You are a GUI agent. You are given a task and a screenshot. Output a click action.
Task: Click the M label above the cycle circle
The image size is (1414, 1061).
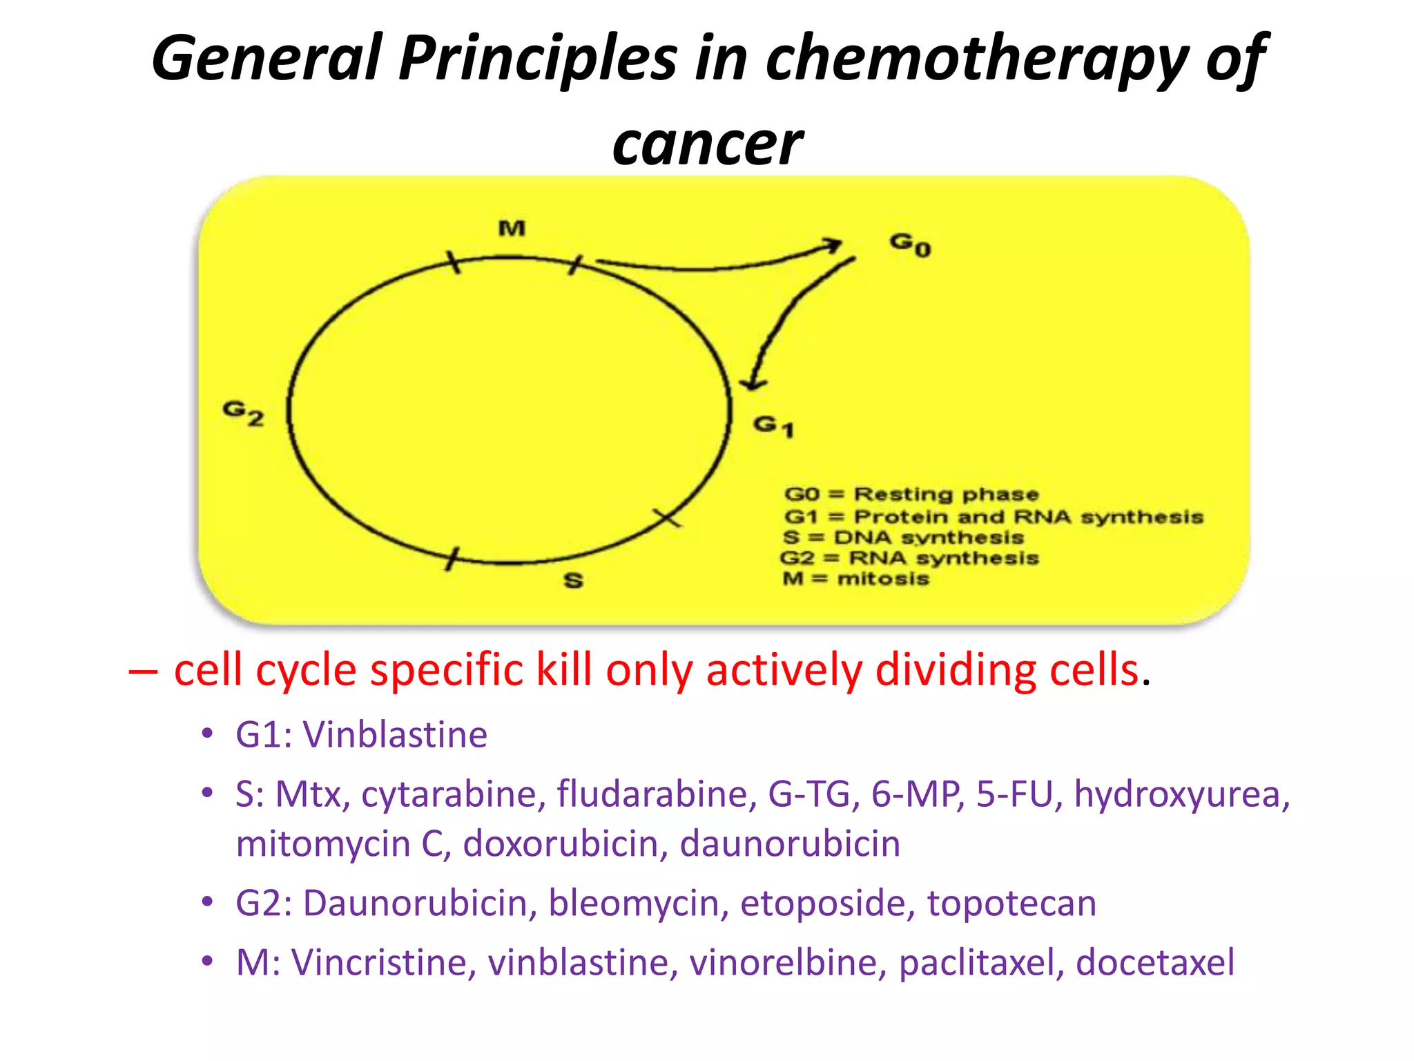(x=512, y=228)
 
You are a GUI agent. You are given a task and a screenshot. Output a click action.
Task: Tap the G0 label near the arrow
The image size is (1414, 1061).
(x=910, y=244)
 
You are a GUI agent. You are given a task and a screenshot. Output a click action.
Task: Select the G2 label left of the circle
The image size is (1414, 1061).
(x=243, y=412)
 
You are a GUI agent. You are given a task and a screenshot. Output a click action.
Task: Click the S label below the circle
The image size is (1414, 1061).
(x=573, y=580)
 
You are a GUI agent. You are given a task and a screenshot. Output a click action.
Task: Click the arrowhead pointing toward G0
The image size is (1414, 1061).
(x=834, y=245)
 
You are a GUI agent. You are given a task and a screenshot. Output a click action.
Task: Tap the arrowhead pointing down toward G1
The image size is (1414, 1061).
(x=753, y=383)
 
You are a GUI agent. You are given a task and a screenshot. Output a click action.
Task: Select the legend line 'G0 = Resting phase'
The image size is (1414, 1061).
(x=911, y=494)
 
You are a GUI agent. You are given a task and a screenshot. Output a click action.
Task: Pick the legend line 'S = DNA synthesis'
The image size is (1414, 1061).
(x=903, y=537)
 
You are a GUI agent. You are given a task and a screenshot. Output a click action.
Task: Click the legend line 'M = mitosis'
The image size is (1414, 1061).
(x=856, y=578)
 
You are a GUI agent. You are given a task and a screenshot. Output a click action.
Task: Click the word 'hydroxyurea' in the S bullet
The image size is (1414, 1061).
(x=1181, y=793)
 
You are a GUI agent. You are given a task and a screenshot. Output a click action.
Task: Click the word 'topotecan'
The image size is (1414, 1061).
(x=1011, y=903)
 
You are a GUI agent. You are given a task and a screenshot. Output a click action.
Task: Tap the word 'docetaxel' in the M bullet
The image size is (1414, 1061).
(x=1155, y=962)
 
